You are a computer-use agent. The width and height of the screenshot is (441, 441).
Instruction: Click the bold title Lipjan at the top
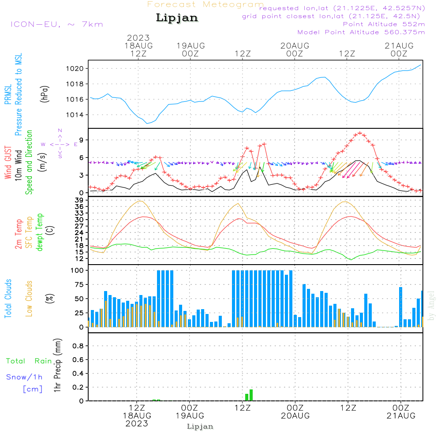[x=177, y=18]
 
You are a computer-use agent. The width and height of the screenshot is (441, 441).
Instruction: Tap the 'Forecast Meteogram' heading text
[x=206, y=4]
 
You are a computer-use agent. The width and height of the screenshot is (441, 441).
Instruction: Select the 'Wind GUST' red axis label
[x=8, y=163]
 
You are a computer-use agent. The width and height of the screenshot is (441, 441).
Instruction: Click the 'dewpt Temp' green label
[x=40, y=232]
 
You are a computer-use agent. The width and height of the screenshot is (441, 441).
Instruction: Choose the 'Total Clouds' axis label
[x=8, y=299]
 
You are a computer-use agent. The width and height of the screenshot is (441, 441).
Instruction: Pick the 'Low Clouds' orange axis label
[x=29, y=299]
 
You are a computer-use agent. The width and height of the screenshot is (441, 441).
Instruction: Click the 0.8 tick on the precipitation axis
[x=78, y=346]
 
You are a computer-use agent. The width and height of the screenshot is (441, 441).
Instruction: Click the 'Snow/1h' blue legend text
[x=25, y=377]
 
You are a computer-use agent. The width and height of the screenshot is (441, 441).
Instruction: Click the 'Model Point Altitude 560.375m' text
[x=361, y=32]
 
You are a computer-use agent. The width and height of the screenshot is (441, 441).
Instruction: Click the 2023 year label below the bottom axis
[x=137, y=423]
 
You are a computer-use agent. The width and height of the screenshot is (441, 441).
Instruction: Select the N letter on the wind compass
[x=60, y=131]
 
